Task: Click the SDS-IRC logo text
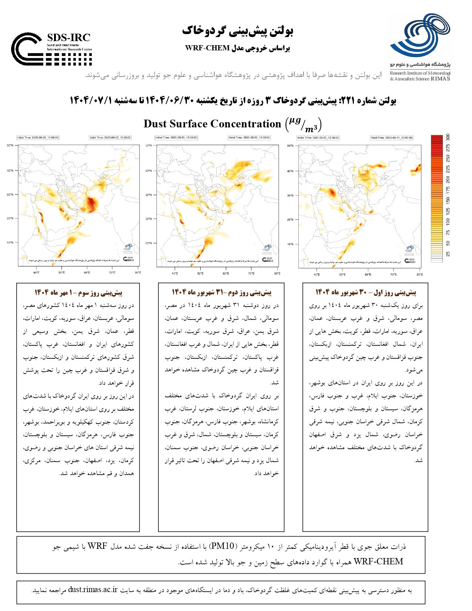(69, 38)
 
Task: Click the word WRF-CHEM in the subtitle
(207, 48)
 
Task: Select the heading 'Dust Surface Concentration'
(212, 124)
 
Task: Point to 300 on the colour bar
(448, 137)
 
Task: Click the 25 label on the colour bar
(448, 254)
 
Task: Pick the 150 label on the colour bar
(448, 200)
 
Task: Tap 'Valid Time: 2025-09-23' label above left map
(110, 138)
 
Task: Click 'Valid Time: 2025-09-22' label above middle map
(250, 138)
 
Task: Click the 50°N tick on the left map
(10, 146)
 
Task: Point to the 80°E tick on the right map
(419, 275)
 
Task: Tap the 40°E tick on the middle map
(175, 274)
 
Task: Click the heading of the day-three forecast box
(78, 293)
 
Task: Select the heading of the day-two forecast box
(221, 293)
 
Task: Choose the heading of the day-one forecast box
(365, 293)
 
